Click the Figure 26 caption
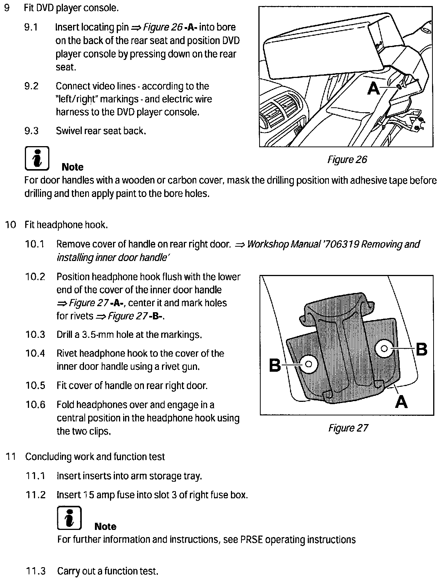[347, 160]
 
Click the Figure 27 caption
[348, 428]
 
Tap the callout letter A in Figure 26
[374, 89]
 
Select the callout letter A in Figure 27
[402, 402]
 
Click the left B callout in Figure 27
[275, 365]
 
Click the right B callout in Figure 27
[422, 349]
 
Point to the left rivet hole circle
[309, 364]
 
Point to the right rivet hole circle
[385, 349]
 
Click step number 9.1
[31, 27]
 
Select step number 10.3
[35, 334]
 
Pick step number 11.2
[35, 495]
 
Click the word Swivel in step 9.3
[69, 131]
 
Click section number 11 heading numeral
[11, 457]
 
